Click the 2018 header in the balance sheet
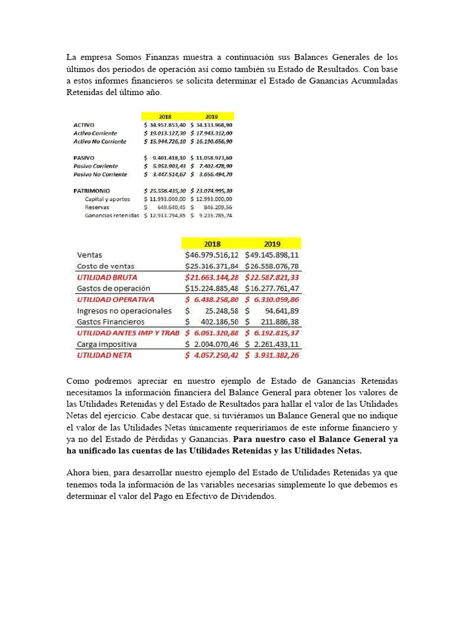[165, 116]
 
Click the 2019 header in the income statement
[272, 243]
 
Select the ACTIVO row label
[84, 125]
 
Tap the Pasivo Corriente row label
[96, 166]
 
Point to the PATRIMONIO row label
[91, 191]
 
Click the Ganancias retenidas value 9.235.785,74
[213, 215]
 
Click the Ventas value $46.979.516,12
[211, 255]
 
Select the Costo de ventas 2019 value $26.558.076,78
[272, 266]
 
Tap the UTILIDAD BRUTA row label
[107, 277]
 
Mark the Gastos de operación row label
[113, 288]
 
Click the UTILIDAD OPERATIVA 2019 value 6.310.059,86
[275, 300]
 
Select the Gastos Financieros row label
[111, 322]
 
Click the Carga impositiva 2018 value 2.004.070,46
[215, 344]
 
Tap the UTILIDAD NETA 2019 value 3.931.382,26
[275, 355]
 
